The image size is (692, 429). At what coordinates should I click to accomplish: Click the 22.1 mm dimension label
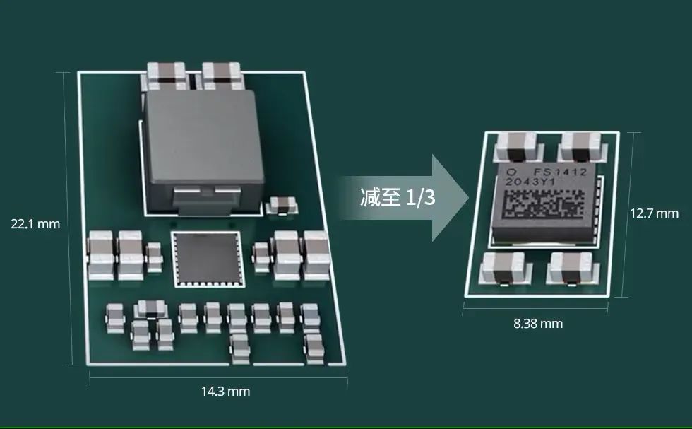[35, 224]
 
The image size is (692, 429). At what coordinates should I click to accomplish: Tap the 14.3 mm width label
[225, 392]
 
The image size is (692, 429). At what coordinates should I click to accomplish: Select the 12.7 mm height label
[654, 213]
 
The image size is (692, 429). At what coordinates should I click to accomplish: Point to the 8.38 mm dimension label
[538, 324]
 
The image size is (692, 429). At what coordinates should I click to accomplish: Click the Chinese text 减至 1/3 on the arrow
[398, 197]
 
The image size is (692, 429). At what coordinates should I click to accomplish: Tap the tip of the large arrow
[469, 197]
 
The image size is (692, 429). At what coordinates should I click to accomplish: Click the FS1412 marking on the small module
[560, 172]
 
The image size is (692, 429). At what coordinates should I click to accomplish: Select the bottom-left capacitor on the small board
[505, 269]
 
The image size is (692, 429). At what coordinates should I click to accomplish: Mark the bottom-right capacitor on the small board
[573, 269]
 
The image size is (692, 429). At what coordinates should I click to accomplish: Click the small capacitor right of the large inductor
[281, 206]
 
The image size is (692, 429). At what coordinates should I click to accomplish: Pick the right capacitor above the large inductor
[222, 76]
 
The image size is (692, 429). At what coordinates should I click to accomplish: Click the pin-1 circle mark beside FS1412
[511, 172]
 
